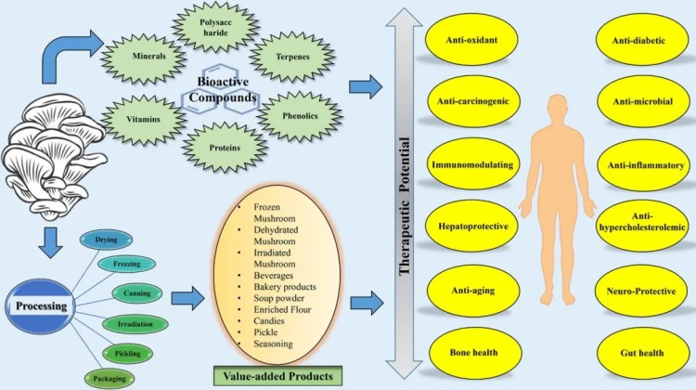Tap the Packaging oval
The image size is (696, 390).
click(110, 377)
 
